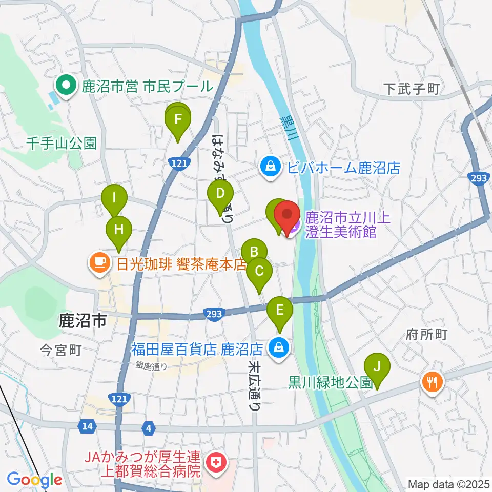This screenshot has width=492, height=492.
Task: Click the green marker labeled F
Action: (x=178, y=120)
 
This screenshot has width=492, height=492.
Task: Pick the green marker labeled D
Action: (x=220, y=194)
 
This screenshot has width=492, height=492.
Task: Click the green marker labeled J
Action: (x=377, y=367)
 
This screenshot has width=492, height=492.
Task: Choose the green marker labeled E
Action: (x=280, y=310)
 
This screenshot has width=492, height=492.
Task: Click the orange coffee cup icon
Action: (x=99, y=263)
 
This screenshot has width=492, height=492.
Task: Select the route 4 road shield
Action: (x=149, y=428)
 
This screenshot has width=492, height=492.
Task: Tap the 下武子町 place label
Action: (x=412, y=89)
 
